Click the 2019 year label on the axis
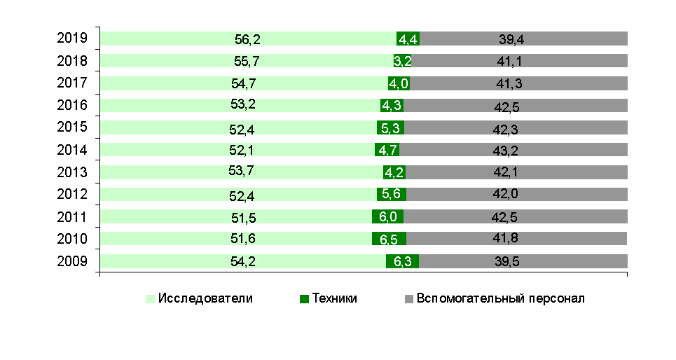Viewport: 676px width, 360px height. point(72,39)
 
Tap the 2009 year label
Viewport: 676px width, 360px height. point(72,262)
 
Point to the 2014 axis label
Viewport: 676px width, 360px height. point(72,150)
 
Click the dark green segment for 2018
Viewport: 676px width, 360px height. point(402,61)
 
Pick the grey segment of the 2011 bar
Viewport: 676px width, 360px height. point(515,216)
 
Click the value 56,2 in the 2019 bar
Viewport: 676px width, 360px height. point(247,39)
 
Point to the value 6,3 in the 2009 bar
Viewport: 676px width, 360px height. point(402,262)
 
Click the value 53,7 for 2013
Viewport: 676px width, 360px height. point(244,172)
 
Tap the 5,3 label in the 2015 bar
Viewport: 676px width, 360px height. point(391,128)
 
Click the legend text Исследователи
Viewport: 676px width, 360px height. point(205,298)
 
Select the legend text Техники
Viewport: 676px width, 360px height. point(335,298)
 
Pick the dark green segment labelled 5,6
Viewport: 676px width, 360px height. point(391,194)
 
